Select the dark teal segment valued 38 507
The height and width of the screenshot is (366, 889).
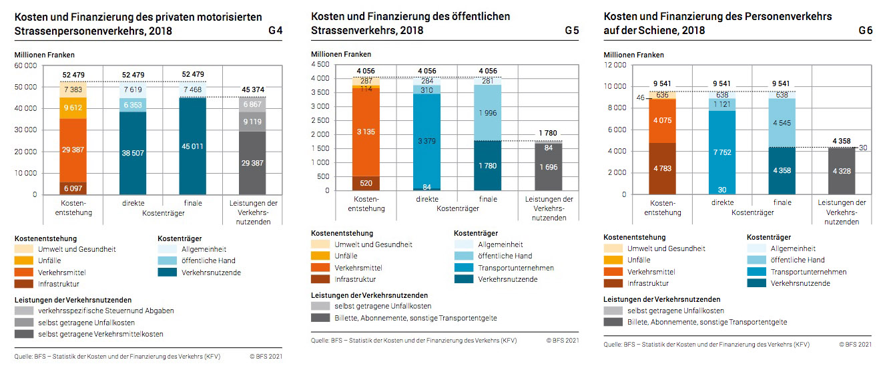(x=133, y=152)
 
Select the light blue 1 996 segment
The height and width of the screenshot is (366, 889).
(x=487, y=112)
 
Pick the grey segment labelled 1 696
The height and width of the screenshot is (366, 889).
(x=548, y=167)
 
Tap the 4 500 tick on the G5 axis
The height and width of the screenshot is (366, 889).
(x=319, y=65)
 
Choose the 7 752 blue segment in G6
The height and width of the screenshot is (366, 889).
(x=722, y=152)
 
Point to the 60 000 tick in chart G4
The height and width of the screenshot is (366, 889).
(x=26, y=65)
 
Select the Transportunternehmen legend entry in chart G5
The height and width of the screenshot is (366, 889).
(x=515, y=268)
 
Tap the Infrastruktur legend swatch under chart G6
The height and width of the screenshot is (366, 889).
(x=611, y=284)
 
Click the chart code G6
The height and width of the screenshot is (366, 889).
(x=866, y=31)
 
